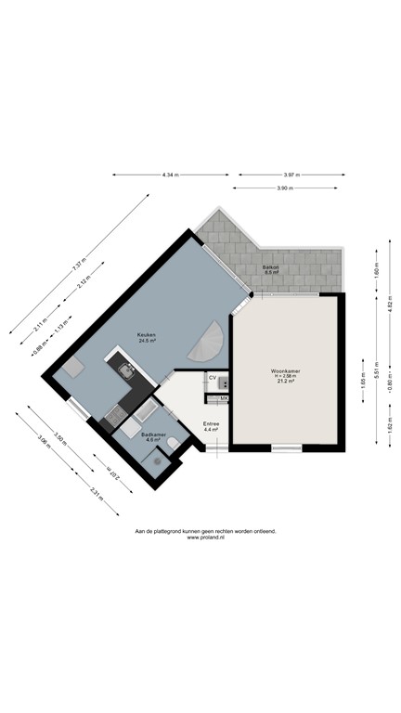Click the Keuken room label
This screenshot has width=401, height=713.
[147, 338]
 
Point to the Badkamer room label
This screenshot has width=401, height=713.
[152, 436]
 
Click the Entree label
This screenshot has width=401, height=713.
[211, 427]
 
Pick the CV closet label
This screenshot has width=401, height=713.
[213, 377]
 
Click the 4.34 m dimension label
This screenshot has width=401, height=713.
[169, 175]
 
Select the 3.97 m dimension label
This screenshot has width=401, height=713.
[292, 175]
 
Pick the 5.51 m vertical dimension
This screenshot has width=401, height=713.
[375, 364]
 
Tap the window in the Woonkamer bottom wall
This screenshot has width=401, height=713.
[288, 447]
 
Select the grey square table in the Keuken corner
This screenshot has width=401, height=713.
[71, 369]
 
